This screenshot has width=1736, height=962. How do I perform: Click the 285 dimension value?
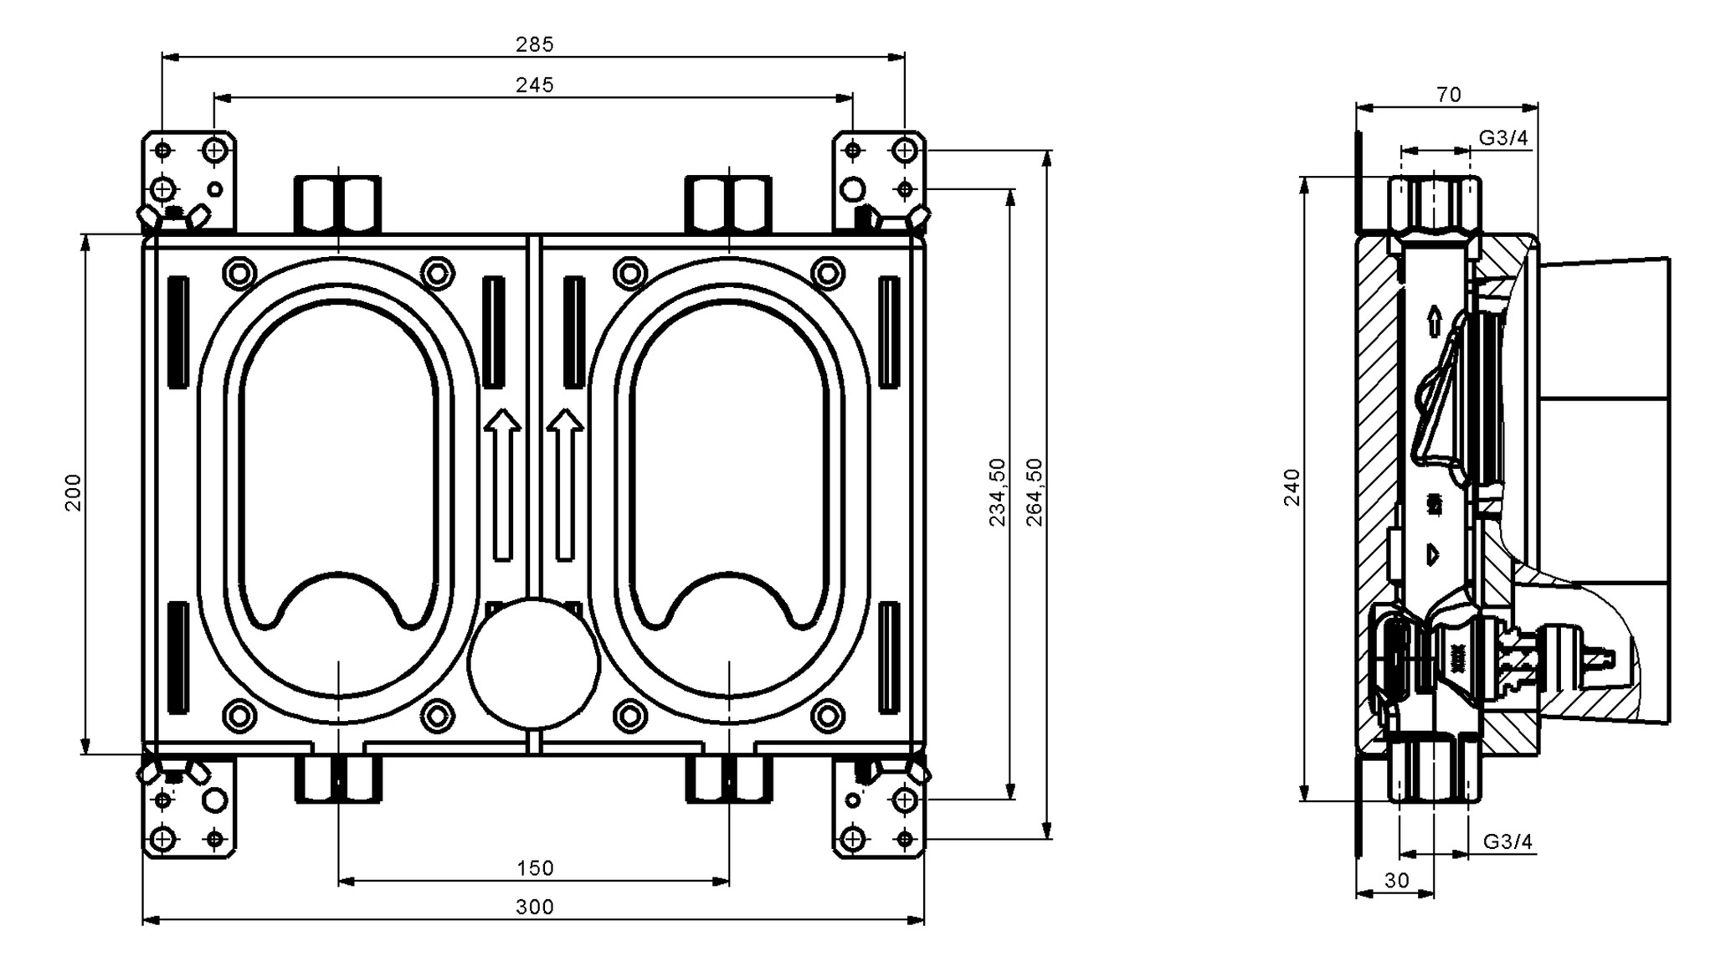click(534, 44)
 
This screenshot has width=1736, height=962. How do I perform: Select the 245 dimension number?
click(534, 85)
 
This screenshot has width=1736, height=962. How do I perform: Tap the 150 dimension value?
click(534, 868)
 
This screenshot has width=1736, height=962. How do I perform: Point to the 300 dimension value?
click(534, 907)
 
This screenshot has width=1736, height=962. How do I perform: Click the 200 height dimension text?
click(74, 492)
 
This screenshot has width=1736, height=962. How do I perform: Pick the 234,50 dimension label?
click(997, 492)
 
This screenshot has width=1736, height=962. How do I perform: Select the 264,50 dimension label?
click(1035, 492)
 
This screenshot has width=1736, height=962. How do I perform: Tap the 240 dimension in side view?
click(1292, 487)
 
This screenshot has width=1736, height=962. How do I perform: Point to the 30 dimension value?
click(1396, 880)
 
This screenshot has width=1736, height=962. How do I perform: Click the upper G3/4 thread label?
click(1503, 138)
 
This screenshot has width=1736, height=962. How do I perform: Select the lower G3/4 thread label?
click(1508, 841)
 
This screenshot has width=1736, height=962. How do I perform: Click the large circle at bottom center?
click(534, 663)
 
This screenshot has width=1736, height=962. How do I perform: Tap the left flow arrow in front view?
click(502, 484)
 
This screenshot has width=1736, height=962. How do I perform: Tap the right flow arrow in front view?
click(565, 484)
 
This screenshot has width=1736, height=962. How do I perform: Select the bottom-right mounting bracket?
click(879, 808)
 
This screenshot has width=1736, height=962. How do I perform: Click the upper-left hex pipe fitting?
click(337, 203)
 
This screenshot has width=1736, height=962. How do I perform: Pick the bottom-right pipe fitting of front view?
click(729, 779)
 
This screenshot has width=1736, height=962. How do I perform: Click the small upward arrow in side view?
click(1435, 321)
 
